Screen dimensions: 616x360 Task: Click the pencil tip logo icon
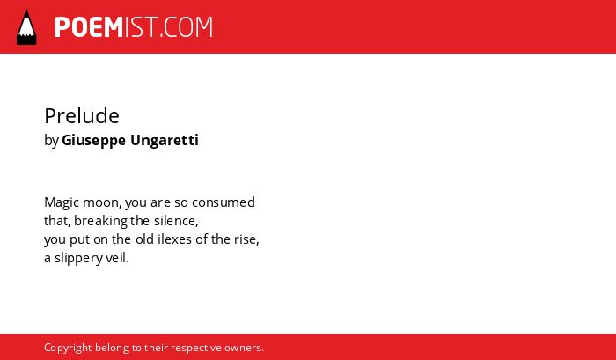click(26, 26)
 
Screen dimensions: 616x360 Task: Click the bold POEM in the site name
click(89, 27)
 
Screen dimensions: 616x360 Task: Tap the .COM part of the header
click(187, 27)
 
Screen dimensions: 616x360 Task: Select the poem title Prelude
click(82, 115)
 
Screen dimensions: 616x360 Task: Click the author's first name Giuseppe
click(93, 141)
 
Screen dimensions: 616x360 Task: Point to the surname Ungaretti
click(165, 141)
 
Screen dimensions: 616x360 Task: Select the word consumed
click(224, 202)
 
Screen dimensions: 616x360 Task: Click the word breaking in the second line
click(100, 221)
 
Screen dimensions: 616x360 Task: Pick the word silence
click(176, 221)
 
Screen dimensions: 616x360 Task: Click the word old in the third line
click(144, 239)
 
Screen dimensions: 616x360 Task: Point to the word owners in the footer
click(244, 348)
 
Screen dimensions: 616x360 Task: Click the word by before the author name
click(51, 141)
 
